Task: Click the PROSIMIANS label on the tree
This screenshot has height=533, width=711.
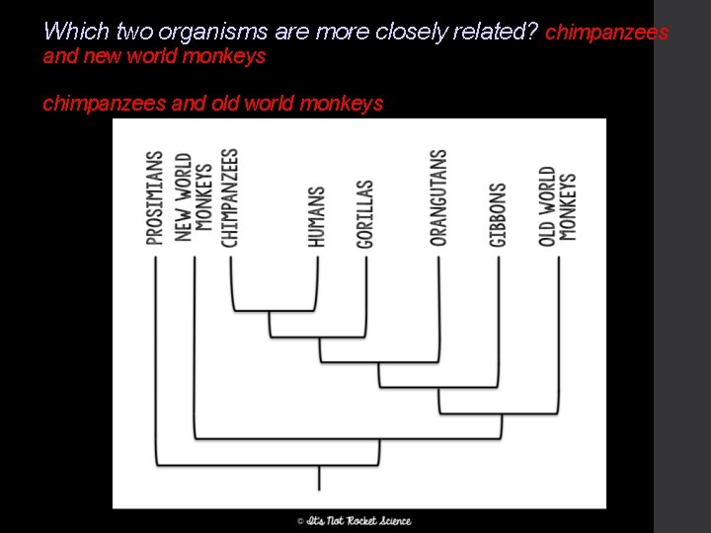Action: pos(154,197)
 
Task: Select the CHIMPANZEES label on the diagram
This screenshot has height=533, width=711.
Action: pos(229,197)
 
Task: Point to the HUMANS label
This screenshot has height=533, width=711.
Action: pos(316,216)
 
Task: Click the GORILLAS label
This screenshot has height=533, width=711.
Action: pos(365,213)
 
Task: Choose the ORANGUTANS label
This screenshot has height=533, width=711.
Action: pos(438,197)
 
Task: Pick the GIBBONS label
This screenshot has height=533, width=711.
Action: pos(498,214)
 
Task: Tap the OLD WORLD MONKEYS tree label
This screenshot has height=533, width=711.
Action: pos(558,204)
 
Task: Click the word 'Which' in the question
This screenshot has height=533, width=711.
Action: pos(68,32)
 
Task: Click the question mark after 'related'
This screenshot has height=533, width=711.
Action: pos(533,32)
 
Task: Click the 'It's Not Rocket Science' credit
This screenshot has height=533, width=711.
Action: pos(358,520)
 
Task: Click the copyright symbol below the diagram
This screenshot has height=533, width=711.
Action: pos(300,520)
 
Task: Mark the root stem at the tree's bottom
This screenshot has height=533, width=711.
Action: pos(318,478)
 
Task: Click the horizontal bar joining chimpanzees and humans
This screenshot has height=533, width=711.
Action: pos(274,310)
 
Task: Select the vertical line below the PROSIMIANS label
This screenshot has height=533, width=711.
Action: pos(155,355)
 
